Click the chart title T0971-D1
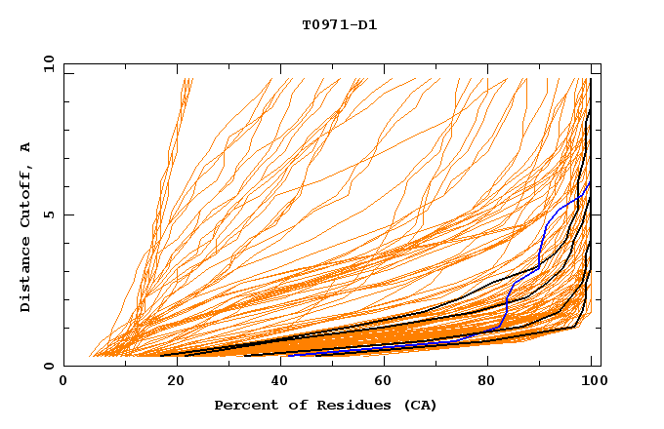(339, 24)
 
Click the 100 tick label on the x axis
(593, 382)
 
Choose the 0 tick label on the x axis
(64, 382)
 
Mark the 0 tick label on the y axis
(48, 367)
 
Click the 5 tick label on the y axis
(48, 214)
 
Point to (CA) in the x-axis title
(420, 406)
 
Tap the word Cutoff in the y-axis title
(25, 198)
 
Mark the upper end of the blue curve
(590, 182)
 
